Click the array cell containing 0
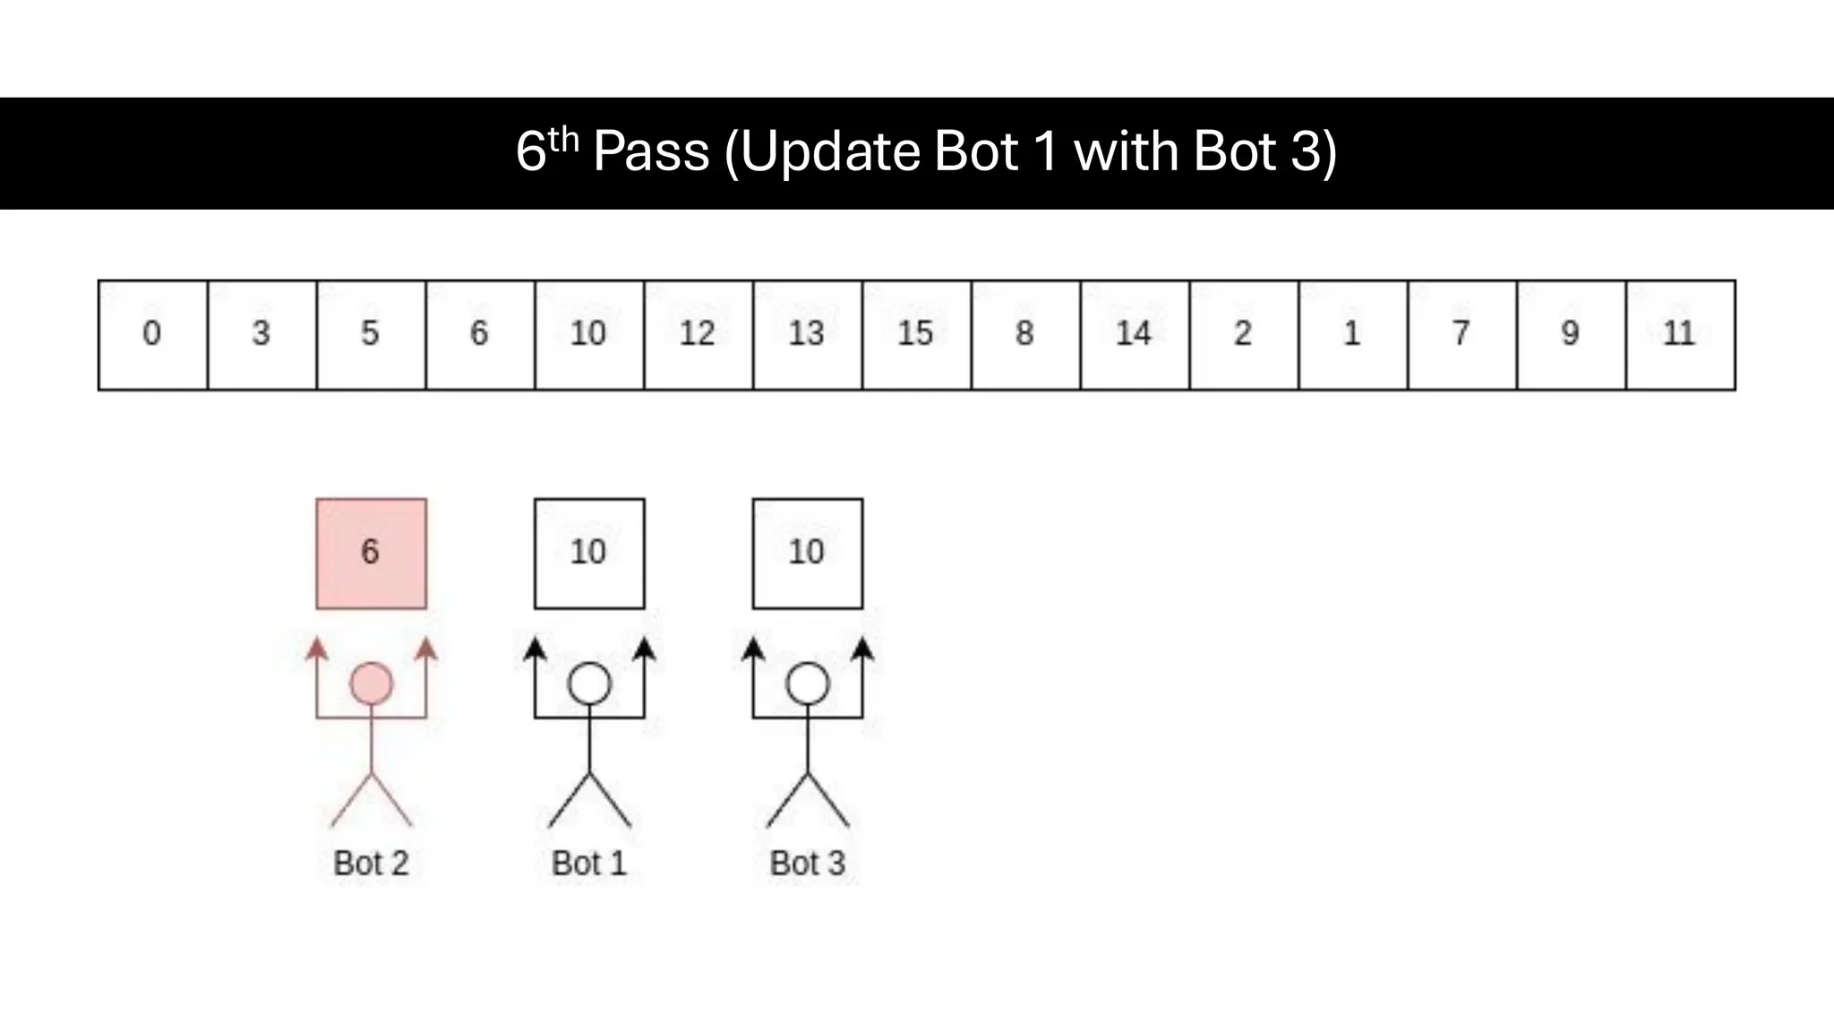152,334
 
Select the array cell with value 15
916,334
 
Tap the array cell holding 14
1134,334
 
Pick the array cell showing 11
1680,334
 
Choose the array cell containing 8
1025,334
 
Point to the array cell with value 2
1243,334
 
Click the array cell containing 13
807,334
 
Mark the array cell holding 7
1461,334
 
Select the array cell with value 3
261,334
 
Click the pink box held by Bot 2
371,554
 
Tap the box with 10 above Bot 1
589,554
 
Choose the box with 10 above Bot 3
808,554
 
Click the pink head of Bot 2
371,684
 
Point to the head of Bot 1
589,684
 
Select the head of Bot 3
808,684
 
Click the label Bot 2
371,864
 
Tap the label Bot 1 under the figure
589,864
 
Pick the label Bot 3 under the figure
808,864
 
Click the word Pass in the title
651,151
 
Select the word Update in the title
830,151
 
